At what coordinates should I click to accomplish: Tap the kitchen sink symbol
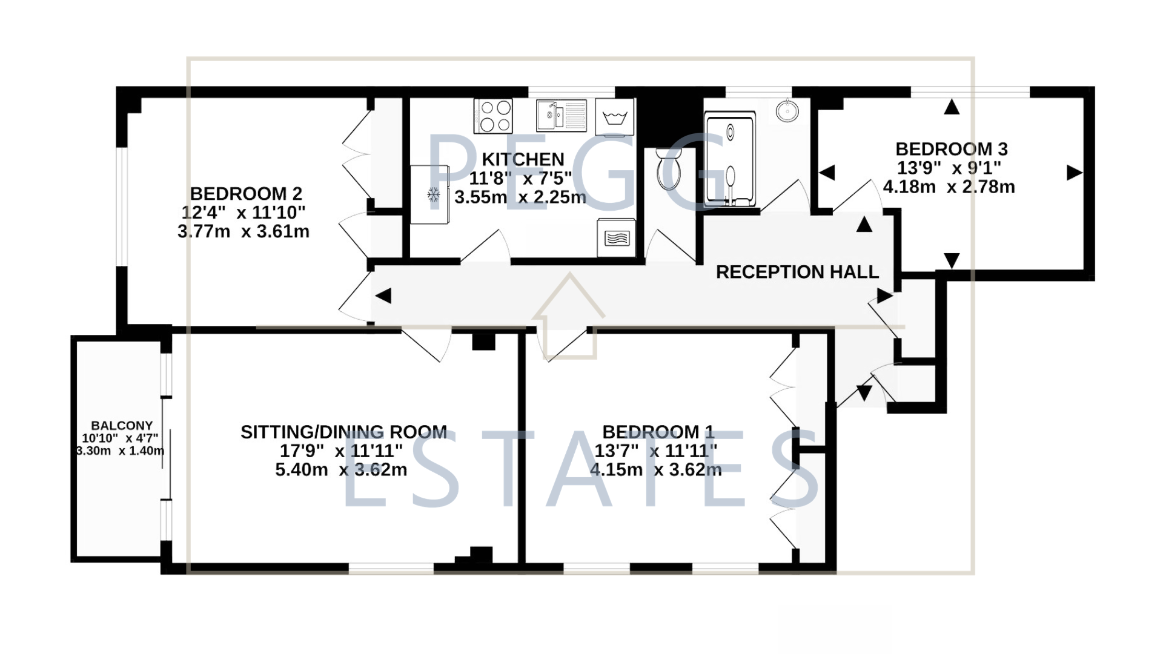pyautogui.click(x=562, y=115)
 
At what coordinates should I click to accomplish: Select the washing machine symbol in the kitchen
pyautogui.click(x=615, y=116)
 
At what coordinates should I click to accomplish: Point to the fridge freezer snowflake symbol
pyautogui.click(x=433, y=194)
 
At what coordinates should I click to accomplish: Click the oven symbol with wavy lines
pyautogui.click(x=617, y=237)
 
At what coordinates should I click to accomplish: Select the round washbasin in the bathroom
pyautogui.click(x=787, y=111)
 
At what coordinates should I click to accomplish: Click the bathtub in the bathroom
pyautogui.click(x=730, y=159)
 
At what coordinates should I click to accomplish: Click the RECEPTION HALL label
pyautogui.click(x=797, y=272)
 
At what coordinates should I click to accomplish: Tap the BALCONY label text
pyautogui.click(x=122, y=426)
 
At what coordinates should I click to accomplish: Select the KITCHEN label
pyautogui.click(x=523, y=159)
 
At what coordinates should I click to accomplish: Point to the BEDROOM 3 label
pyautogui.click(x=951, y=149)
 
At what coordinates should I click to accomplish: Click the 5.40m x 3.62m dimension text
pyautogui.click(x=341, y=470)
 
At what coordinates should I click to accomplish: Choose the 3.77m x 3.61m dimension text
pyautogui.click(x=244, y=231)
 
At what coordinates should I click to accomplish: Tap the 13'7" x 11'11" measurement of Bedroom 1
pyautogui.click(x=656, y=451)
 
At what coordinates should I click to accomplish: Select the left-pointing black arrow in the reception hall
pyautogui.click(x=383, y=296)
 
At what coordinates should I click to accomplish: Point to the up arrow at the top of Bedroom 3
pyautogui.click(x=952, y=107)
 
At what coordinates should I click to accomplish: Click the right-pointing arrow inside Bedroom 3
pyautogui.click(x=1075, y=173)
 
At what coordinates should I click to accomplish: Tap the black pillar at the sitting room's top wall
pyautogui.click(x=483, y=342)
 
